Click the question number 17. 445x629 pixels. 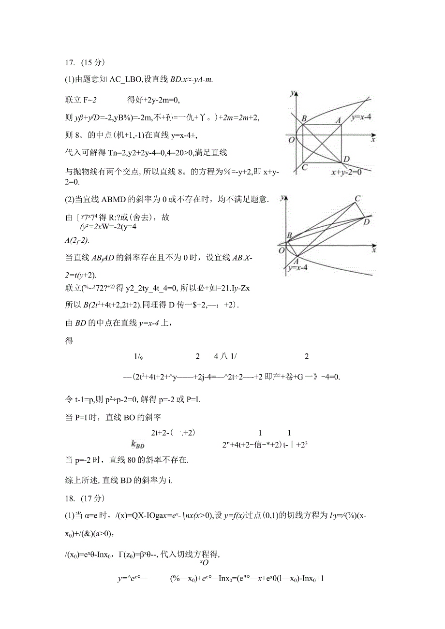click(69, 62)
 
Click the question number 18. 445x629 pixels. click(69, 498)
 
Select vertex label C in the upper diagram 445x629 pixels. click(304, 167)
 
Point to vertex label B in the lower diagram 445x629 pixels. click(289, 235)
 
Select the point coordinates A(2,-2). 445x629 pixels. click(77, 240)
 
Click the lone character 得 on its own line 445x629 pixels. click(69, 341)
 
